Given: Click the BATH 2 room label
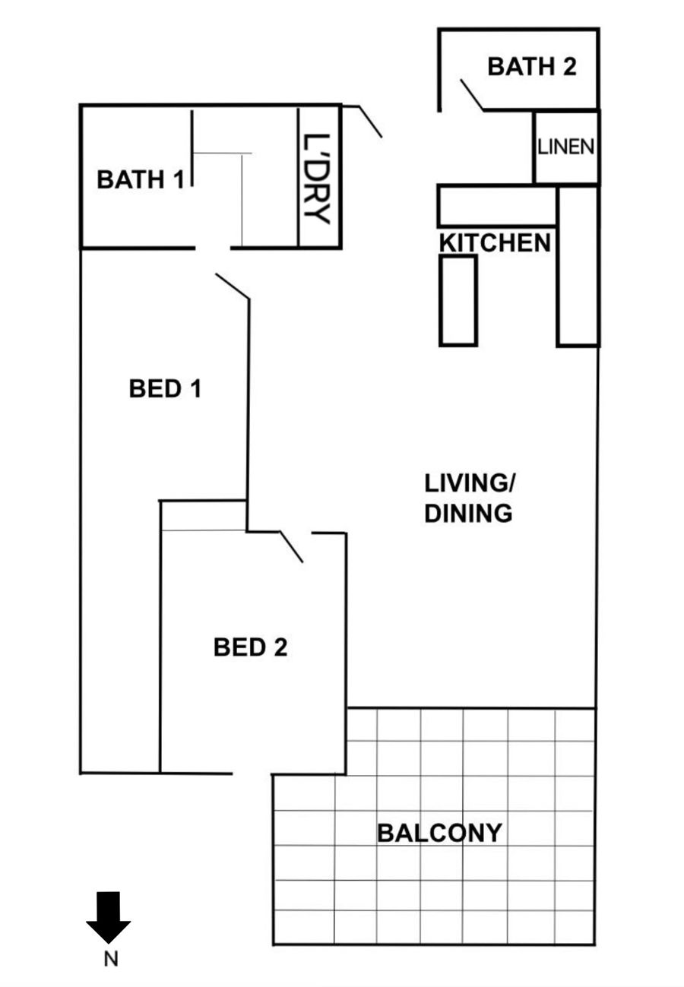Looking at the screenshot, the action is [531, 67].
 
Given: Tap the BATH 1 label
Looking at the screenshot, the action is [140, 179].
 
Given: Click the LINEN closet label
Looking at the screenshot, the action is [565, 147].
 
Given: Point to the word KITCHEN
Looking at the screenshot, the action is [495, 243].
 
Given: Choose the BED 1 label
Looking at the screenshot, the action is [165, 388].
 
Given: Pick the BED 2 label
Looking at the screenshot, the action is [250, 647].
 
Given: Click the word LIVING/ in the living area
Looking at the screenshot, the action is [469, 483].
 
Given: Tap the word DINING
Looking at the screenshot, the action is [468, 513].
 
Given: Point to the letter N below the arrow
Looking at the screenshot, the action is [111, 959].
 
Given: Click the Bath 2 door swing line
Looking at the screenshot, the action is [472, 95].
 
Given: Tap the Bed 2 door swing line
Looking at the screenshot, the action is [292, 547].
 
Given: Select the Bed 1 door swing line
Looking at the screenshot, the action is [233, 286].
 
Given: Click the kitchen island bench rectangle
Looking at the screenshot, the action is [458, 300].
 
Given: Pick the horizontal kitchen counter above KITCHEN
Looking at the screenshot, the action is [497, 206].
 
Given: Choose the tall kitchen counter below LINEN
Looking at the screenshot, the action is [578, 266].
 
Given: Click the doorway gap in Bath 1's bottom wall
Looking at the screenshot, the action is [213, 248].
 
